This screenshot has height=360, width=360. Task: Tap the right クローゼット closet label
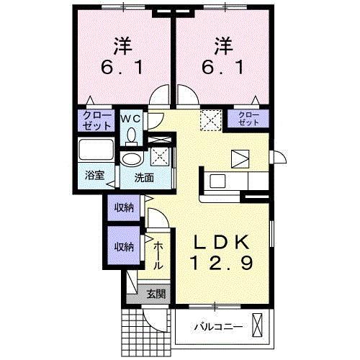click(248, 119)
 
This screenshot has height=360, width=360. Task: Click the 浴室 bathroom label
click(94, 176)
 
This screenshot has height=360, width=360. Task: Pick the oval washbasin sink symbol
click(132, 159)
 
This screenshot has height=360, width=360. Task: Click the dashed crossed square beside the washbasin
click(160, 155)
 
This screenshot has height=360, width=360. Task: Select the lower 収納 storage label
click(123, 246)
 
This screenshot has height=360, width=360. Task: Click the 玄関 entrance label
click(156, 293)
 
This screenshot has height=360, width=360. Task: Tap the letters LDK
click(221, 242)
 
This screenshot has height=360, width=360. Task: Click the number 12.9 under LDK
click(221, 264)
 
